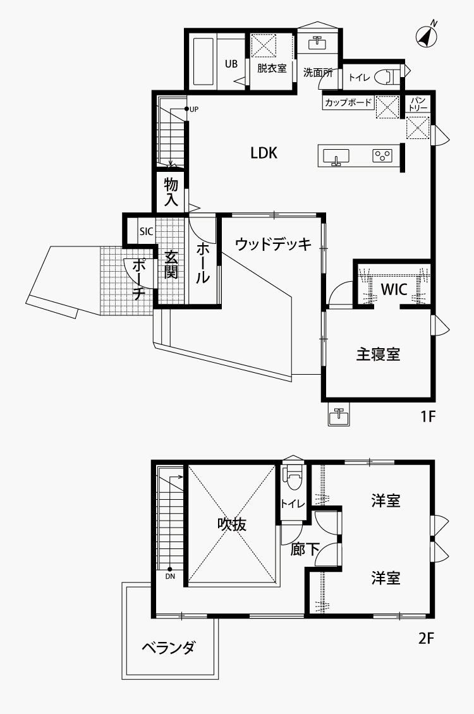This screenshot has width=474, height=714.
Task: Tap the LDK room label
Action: [x=264, y=152]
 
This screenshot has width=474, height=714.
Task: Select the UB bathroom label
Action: [x=231, y=64]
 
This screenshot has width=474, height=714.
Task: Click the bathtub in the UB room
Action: [x=204, y=61]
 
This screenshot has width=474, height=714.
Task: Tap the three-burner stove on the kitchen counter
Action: [x=382, y=155]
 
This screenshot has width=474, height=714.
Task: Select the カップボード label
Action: [x=348, y=102]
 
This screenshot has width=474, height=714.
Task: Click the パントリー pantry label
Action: [x=418, y=104]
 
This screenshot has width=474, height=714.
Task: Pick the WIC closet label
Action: [x=394, y=289]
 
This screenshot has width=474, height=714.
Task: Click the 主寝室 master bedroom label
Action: [x=378, y=354]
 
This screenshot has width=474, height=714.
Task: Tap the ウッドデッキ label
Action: [x=273, y=245]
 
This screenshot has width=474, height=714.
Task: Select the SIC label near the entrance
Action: [x=147, y=231]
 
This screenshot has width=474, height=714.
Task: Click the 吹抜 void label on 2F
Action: [x=231, y=524]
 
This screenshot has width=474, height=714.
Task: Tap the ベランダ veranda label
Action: [x=169, y=648]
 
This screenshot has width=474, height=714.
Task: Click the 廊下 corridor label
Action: [x=305, y=549]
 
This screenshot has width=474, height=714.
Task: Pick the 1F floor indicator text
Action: [x=428, y=416]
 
